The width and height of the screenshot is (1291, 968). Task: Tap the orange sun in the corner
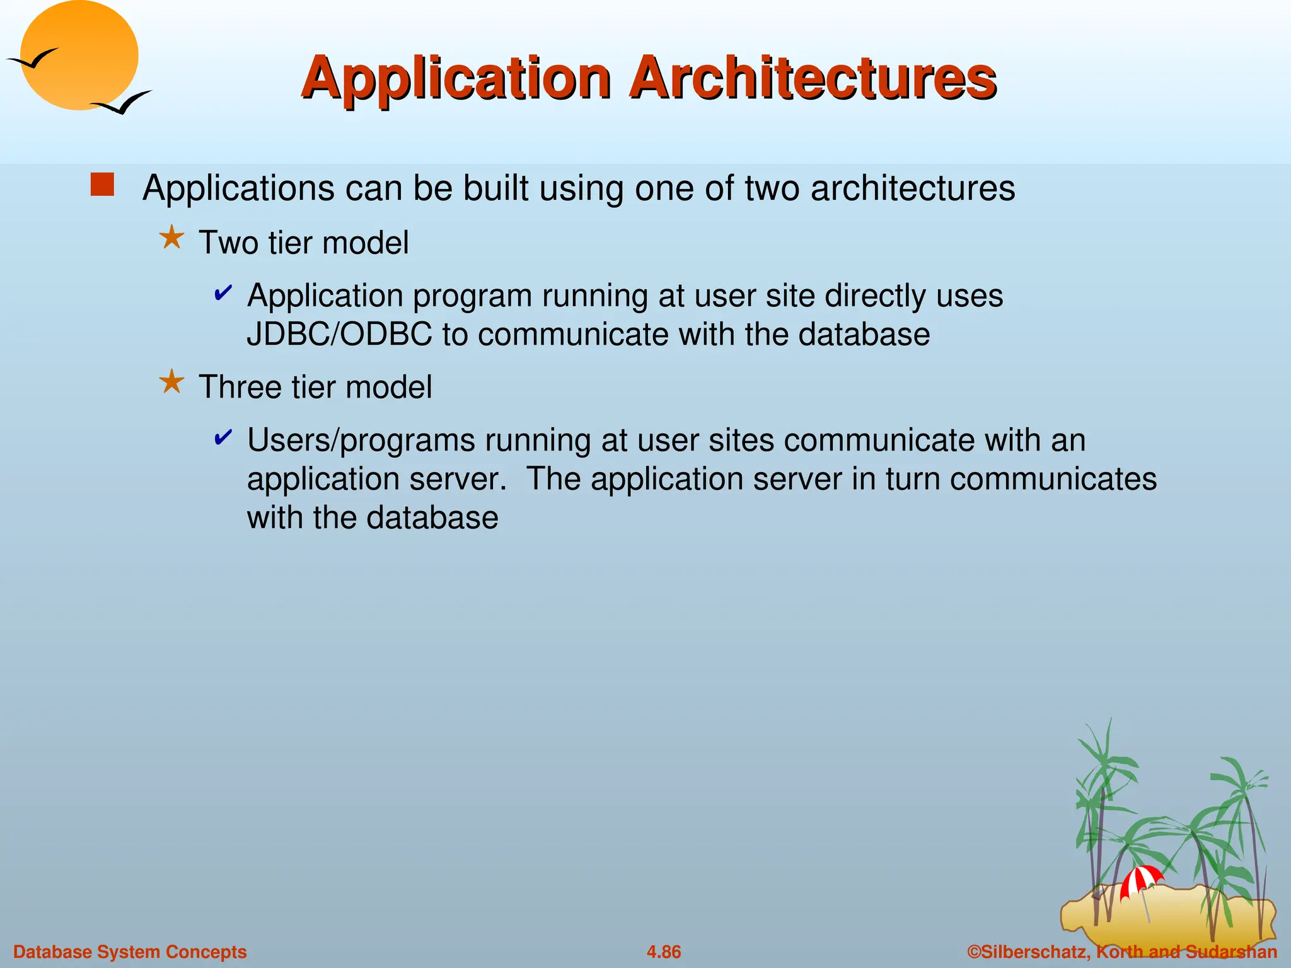(x=80, y=55)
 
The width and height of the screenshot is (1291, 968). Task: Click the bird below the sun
(x=122, y=103)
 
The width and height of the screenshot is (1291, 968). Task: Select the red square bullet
(x=102, y=185)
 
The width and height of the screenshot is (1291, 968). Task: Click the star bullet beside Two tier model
(x=171, y=239)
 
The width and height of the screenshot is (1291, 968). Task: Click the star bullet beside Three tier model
(x=171, y=382)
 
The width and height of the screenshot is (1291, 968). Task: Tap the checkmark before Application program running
(x=223, y=292)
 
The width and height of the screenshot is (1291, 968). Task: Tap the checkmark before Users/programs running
(x=223, y=437)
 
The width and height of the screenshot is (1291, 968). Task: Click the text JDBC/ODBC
(x=339, y=334)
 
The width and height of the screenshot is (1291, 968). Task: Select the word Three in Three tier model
(x=240, y=387)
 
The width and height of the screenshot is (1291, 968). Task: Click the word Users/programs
(x=361, y=441)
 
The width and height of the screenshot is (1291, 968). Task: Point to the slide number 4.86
(x=664, y=952)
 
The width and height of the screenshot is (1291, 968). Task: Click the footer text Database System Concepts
(x=130, y=952)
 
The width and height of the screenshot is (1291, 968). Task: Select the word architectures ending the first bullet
(x=912, y=188)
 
